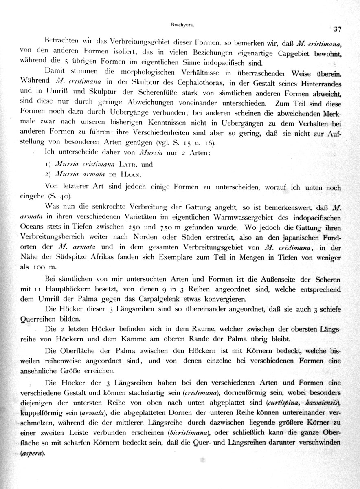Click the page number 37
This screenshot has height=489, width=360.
337,29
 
